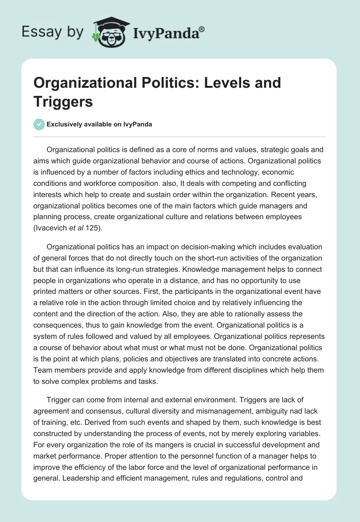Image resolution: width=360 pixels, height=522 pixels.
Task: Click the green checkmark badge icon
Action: click(39, 124)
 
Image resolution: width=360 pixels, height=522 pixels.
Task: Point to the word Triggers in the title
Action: click(63, 101)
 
